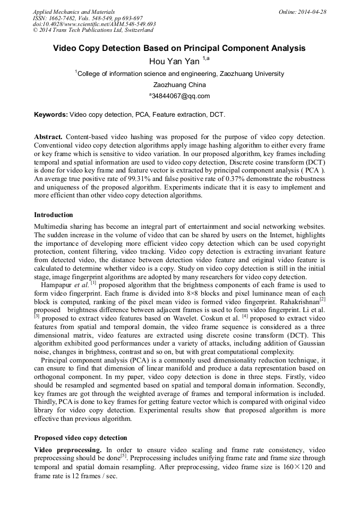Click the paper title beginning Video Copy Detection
click(x=179, y=48)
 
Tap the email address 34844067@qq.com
click(x=180, y=96)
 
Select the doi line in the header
click(x=94, y=24)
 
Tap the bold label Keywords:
click(x=51, y=114)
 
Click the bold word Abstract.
click(x=48, y=137)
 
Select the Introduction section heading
click(x=54, y=215)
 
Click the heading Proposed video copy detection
click(x=80, y=438)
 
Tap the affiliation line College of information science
click(x=180, y=74)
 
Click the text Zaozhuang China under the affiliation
click(x=179, y=85)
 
